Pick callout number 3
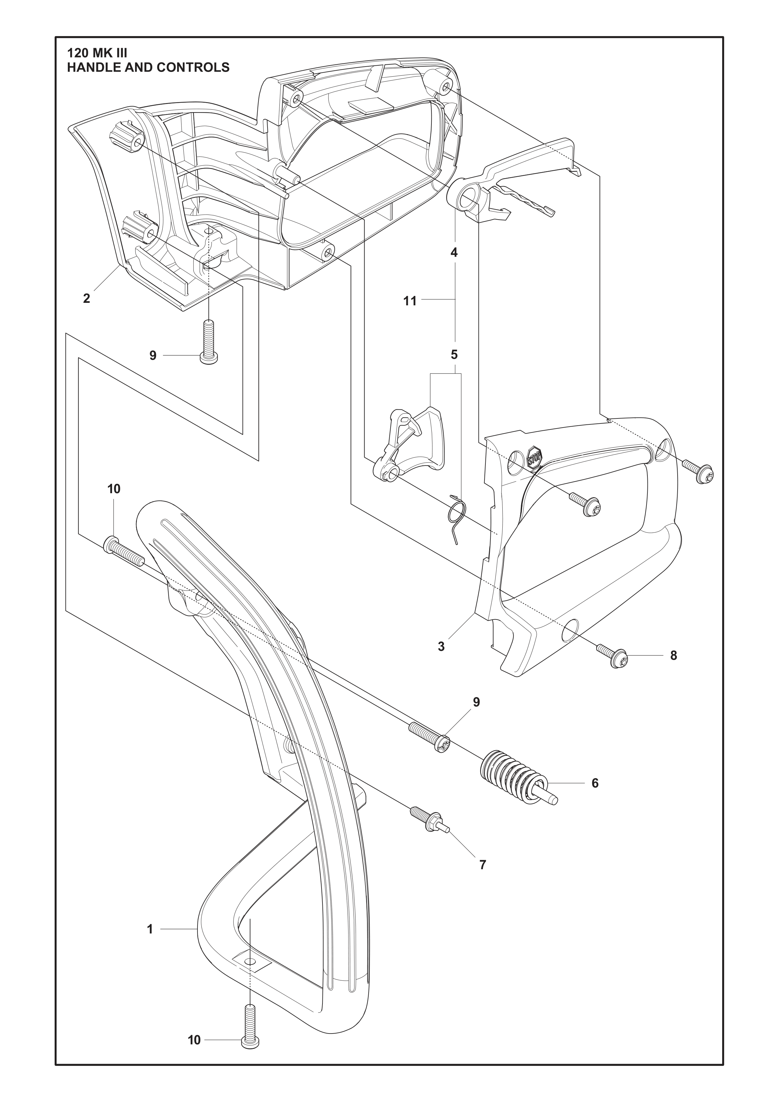441,646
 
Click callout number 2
86,298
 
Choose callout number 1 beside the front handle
150,930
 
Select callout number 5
454,355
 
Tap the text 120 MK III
97,52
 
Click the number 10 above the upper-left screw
114,489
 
